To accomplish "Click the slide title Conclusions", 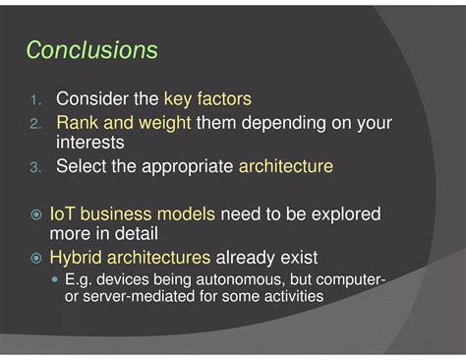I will (91, 49).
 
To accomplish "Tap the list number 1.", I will (34, 100).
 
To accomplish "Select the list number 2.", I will (34, 125).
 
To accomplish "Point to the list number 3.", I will (34, 168).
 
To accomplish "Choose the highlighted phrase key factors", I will (207, 99).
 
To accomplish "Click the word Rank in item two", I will (76, 124).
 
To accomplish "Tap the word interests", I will (90, 144).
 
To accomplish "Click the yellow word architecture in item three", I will (286, 167).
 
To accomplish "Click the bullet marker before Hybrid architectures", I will (35, 259).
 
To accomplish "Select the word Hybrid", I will (76, 258).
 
